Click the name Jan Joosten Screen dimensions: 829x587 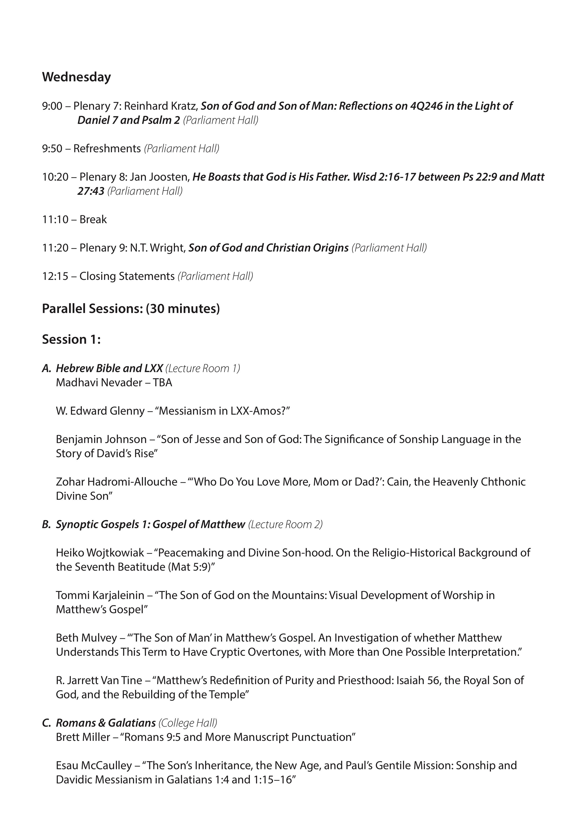point(159,177)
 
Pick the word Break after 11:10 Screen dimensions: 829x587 point(93,220)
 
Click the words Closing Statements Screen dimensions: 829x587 point(127,276)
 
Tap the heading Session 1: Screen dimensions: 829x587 point(71,339)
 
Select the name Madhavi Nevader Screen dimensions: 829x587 point(94,383)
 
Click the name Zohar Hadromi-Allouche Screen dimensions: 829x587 point(116,482)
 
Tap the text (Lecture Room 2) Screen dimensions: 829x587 point(285,524)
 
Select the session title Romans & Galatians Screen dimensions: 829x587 point(106,723)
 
